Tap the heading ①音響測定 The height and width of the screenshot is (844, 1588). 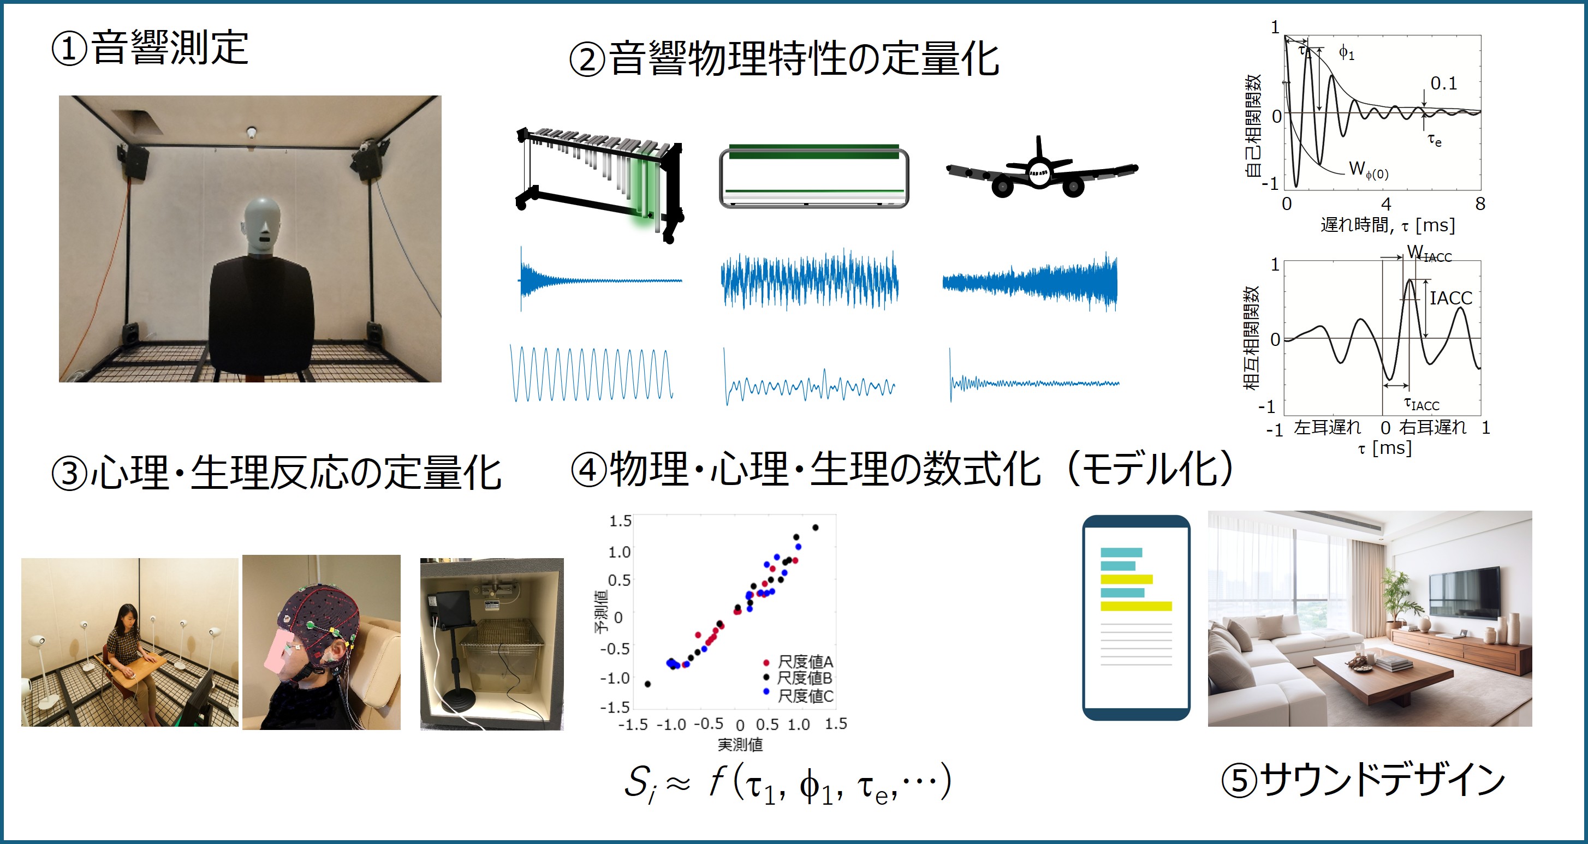coord(150,48)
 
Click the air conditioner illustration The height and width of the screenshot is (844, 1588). coord(814,177)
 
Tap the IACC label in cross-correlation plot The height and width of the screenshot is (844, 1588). coord(1450,298)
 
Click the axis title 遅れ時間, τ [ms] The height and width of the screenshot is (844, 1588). coord(1388,225)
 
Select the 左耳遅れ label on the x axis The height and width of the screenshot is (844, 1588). coord(1327,427)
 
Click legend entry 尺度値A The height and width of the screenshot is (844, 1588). coord(805,662)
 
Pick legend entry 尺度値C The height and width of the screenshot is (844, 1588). coord(805,696)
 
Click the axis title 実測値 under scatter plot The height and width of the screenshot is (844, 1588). coord(740,745)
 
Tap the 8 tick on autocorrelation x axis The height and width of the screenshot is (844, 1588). coord(1479,204)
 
